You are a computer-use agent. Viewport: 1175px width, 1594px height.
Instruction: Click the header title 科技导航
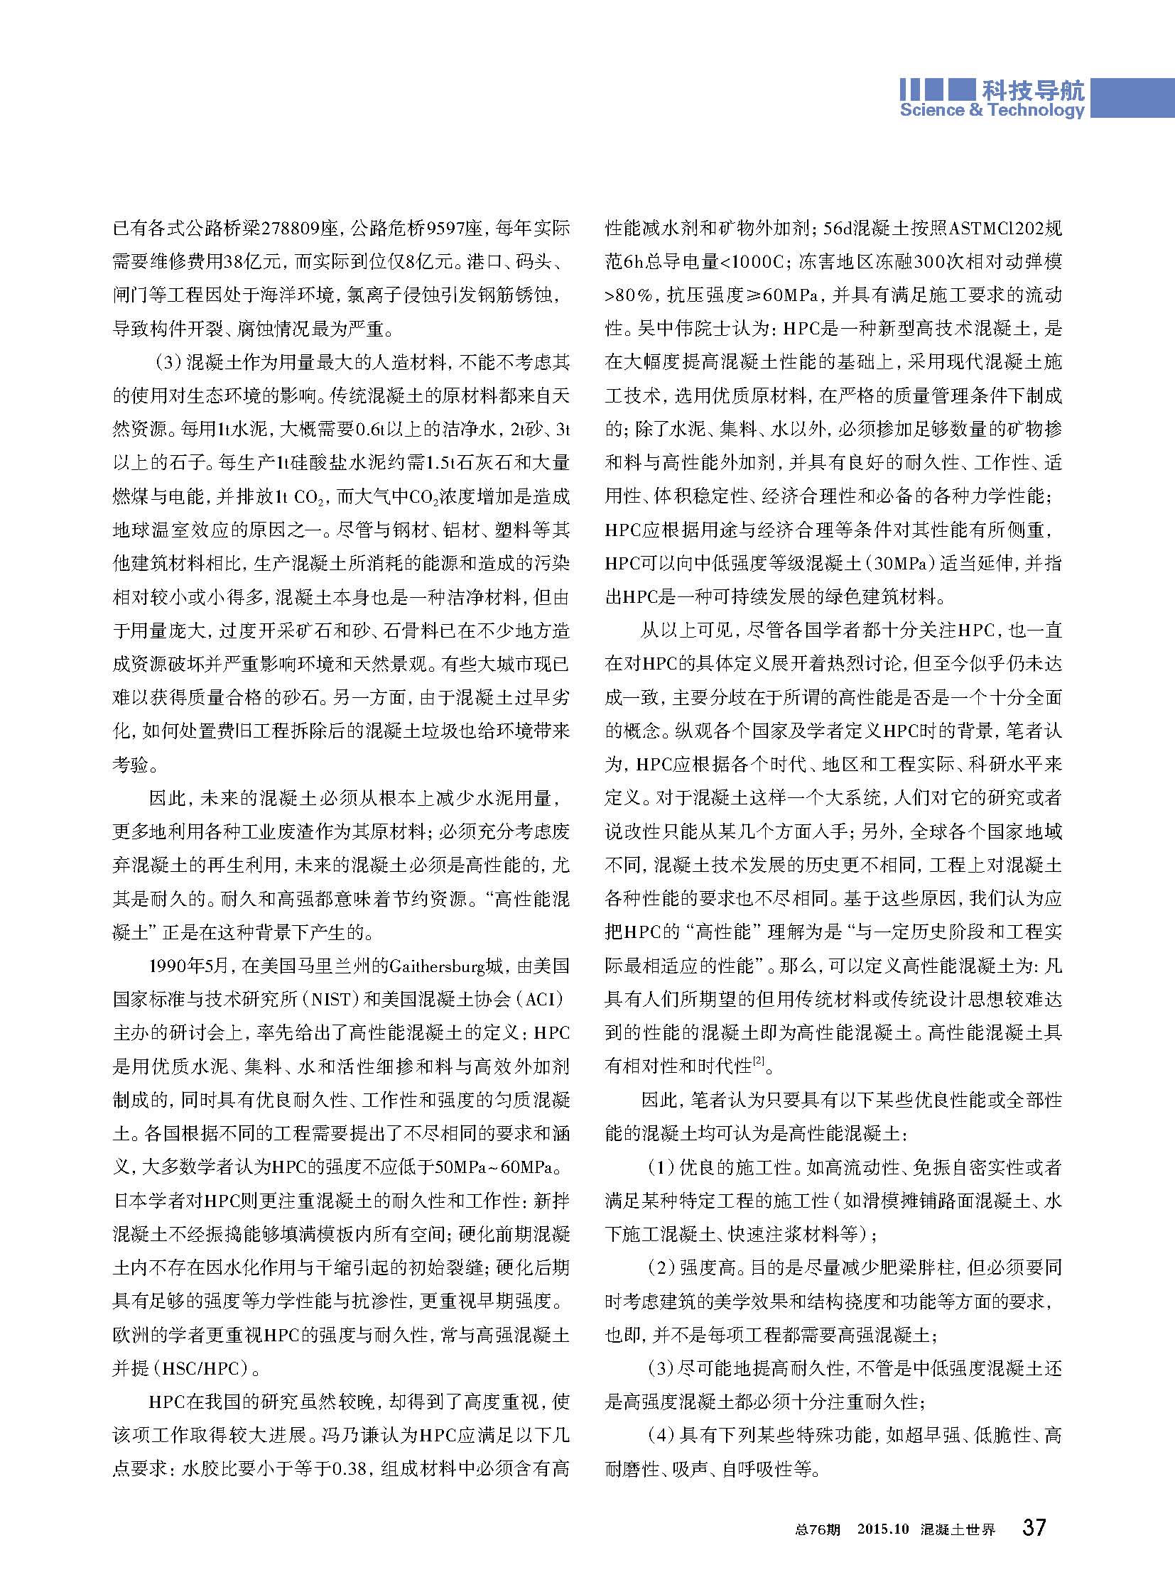[1033, 91]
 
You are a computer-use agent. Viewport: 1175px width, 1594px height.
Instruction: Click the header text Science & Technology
[992, 110]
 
